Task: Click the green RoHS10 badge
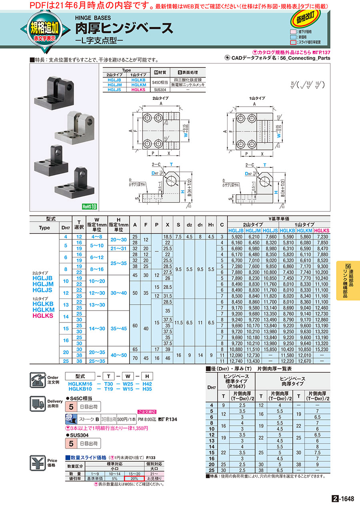click(90, 207)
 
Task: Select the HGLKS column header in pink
click(322, 231)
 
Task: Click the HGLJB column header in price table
click(236, 231)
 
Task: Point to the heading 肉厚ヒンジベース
click(124, 28)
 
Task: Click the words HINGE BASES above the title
click(93, 18)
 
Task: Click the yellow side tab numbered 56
click(348, 280)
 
